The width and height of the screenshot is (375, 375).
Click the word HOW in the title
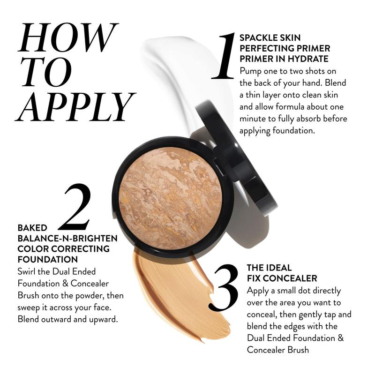click(x=68, y=37)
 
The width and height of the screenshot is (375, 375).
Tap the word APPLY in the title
click(x=75, y=106)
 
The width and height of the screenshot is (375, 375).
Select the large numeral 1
click(x=224, y=56)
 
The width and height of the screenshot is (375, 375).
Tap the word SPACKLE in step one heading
click(x=259, y=38)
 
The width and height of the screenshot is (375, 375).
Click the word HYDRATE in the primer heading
click(x=308, y=59)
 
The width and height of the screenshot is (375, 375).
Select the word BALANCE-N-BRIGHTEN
click(x=67, y=239)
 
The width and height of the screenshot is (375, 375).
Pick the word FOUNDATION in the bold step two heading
click(x=48, y=260)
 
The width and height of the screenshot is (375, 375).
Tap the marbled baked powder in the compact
click(x=170, y=198)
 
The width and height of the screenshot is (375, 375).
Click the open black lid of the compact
click(x=236, y=158)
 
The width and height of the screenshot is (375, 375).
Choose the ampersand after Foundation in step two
click(x=65, y=284)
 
